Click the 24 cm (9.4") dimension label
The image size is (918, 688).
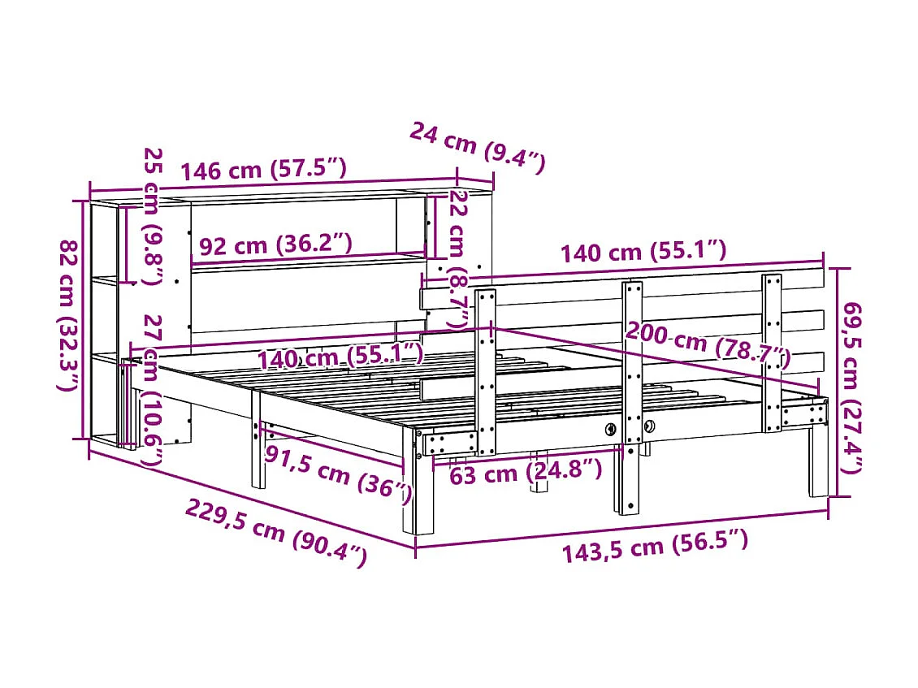click(x=476, y=147)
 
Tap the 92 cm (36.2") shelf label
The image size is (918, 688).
click(x=275, y=244)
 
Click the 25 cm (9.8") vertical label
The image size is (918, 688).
click(x=153, y=216)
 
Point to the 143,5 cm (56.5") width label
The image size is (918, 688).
click(x=654, y=543)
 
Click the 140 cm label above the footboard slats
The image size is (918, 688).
click(x=643, y=251)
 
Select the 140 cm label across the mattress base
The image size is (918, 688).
click(x=340, y=356)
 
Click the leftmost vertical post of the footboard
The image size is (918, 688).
click(x=486, y=370)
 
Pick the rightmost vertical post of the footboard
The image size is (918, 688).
click(x=772, y=353)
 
